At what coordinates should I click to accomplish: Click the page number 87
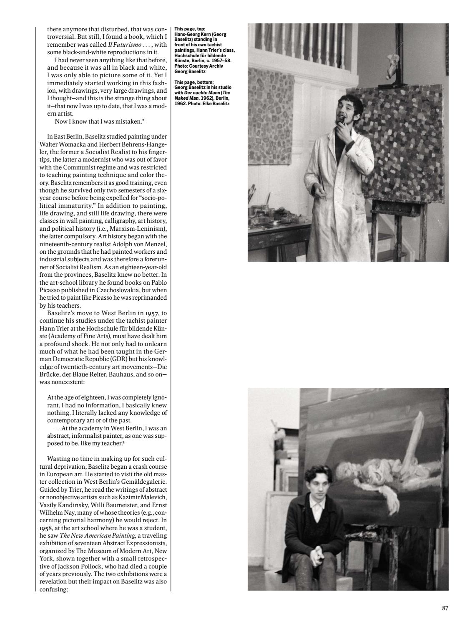click(x=445, y=608)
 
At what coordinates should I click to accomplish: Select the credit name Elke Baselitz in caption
click(x=216, y=103)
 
